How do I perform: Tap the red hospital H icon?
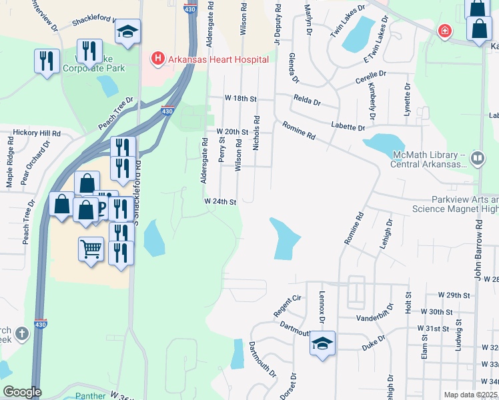(x=158, y=59)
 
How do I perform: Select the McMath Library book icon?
(x=477, y=159)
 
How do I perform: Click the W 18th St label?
(x=240, y=98)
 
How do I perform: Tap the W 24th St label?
(x=220, y=201)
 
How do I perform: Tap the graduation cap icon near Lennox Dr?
(x=322, y=344)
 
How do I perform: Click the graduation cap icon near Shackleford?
(x=127, y=31)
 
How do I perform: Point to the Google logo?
(x=21, y=392)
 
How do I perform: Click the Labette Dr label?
(x=348, y=127)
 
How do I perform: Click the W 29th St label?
(x=454, y=294)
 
